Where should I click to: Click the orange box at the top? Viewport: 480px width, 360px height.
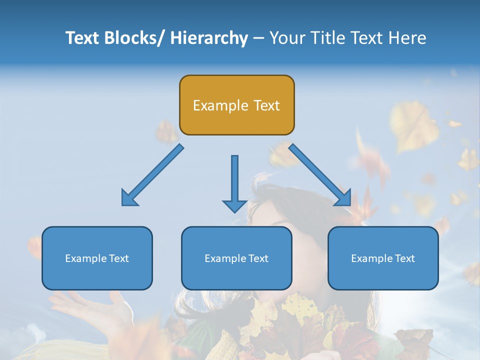tap(236, 105)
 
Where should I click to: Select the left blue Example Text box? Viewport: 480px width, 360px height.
tap(97, 258)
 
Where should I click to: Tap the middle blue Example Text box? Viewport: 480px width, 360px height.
tap(236, 258)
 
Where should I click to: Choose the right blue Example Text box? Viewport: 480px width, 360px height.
tap(383, 258)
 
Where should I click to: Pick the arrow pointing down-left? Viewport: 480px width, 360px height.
tap(152, 175)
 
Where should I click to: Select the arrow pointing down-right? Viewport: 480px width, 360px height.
tap(320, 175)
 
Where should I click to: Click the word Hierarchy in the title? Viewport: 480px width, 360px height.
tap(209, 38)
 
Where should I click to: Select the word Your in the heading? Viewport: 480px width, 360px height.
tap(287, 38)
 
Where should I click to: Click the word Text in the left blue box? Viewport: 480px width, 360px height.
tap(119, 258)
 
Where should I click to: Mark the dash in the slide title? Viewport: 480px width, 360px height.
tap(258, 38)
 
